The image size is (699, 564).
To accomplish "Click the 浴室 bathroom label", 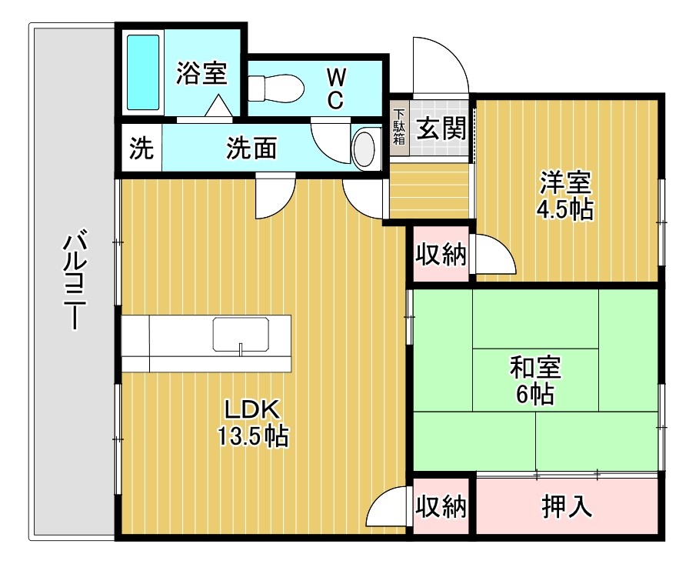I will tap(201, 74).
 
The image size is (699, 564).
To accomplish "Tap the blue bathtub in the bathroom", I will tap(143, 72).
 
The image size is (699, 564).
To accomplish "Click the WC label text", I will tap(336, 88).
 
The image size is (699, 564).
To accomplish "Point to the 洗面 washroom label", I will tap(251, 148).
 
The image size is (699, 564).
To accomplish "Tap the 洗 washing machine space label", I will tap(141, 148).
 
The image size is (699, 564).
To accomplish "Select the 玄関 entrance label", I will tap(441, 127).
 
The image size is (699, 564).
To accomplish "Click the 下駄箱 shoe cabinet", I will tap(399, 128).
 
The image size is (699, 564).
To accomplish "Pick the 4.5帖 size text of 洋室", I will tap(566, 210).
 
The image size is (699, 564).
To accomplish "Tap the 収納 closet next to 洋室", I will tap(441, 254).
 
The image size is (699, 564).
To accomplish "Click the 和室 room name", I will tap(535, 368).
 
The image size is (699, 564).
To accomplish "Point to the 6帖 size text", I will tap(535, 395).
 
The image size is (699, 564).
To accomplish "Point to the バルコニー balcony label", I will tap(73, 281).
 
